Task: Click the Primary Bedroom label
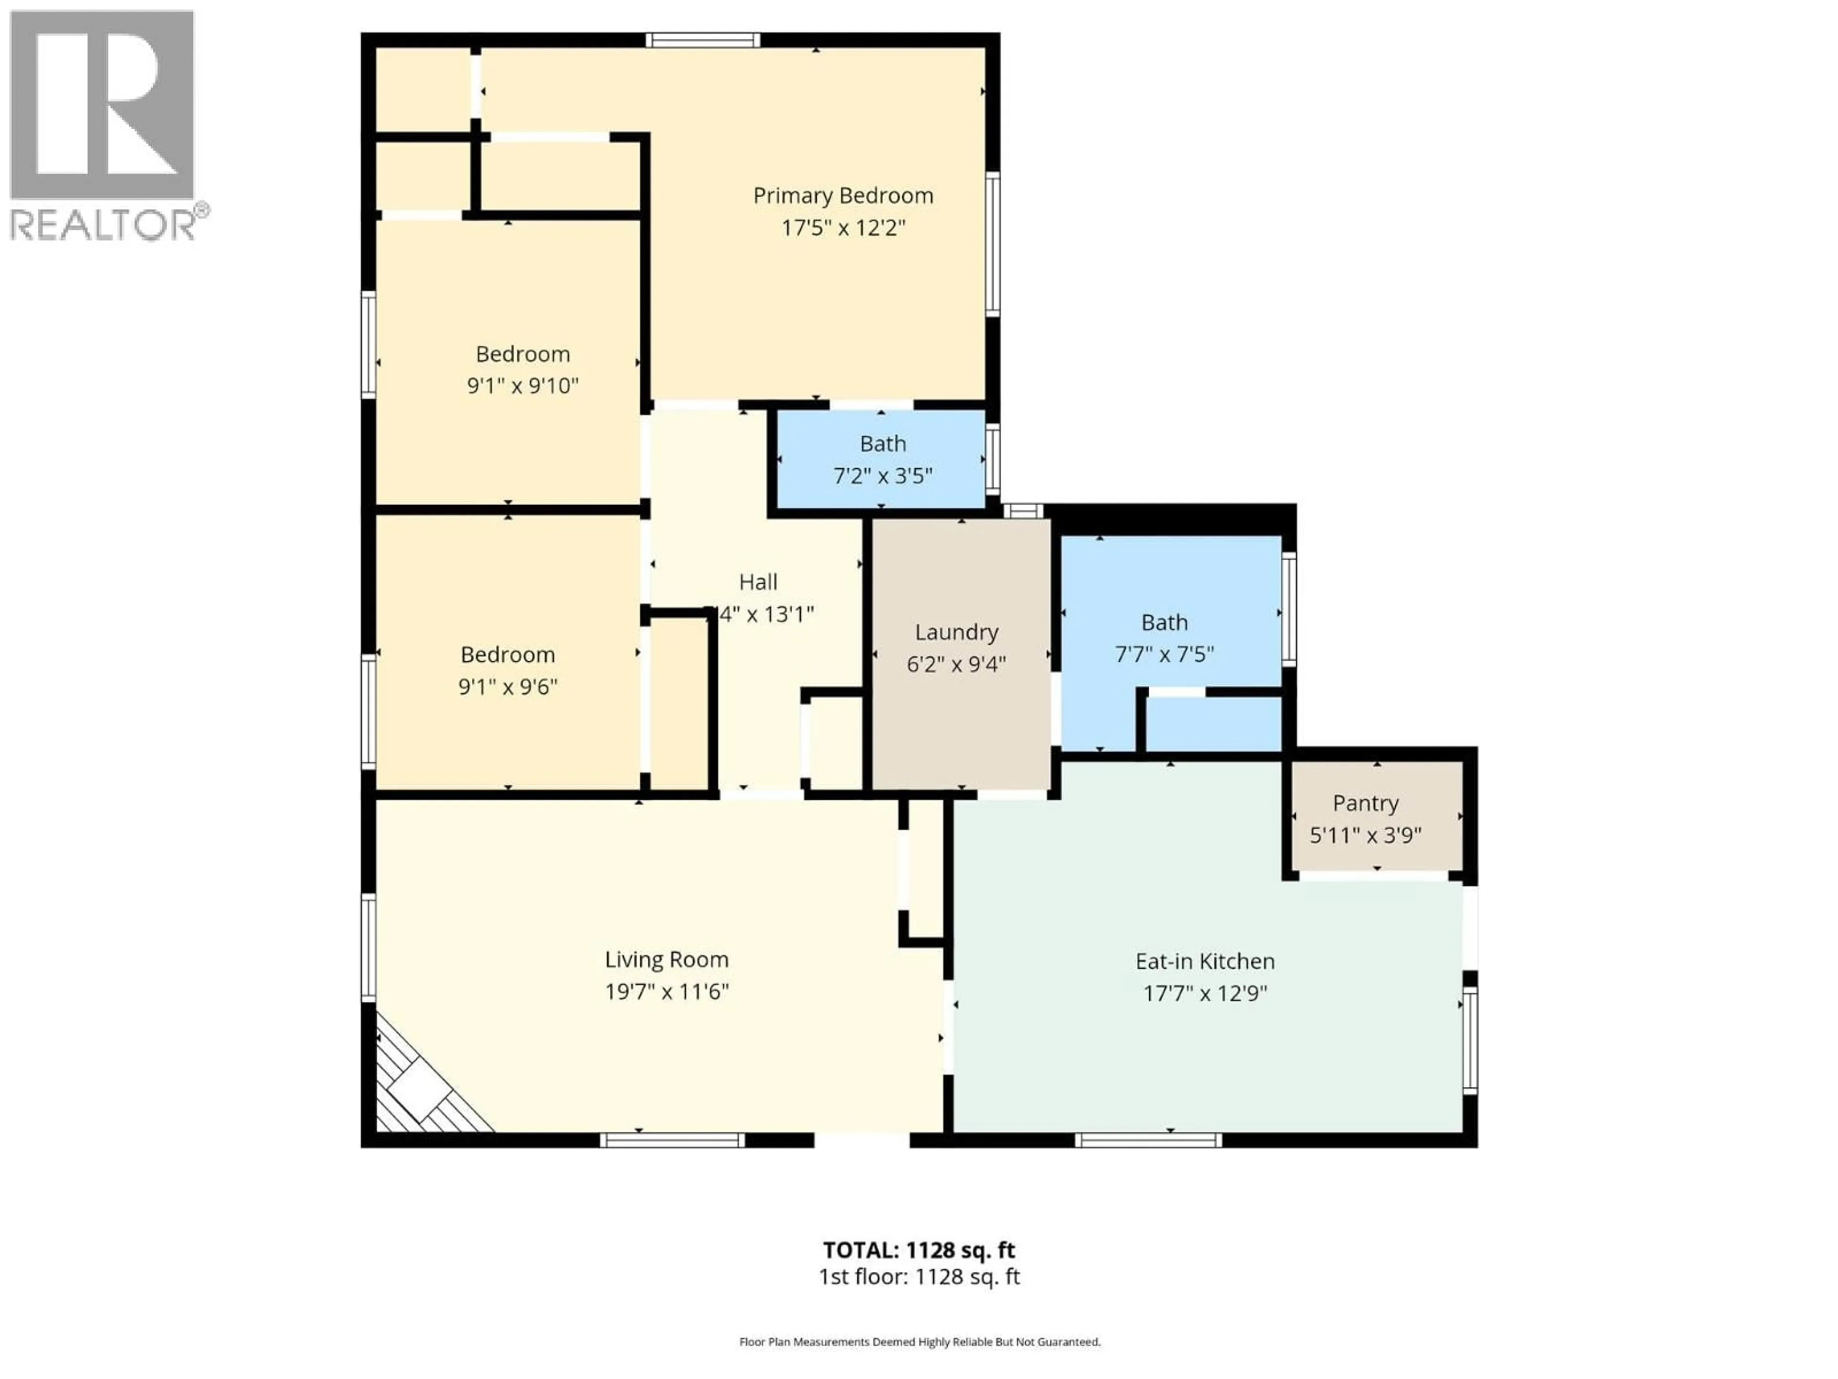point(842,195)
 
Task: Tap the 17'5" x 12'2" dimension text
point(842,228)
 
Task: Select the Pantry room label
point(1365,803)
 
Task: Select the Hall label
point(758,582)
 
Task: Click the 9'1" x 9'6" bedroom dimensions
point(508,687)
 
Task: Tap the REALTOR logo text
point(104,225)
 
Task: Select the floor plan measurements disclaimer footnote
point(919,1342)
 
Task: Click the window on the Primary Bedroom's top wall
point(703,40)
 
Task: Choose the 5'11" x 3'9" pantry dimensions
point(1365,835)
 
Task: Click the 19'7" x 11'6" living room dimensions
point(666,992)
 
